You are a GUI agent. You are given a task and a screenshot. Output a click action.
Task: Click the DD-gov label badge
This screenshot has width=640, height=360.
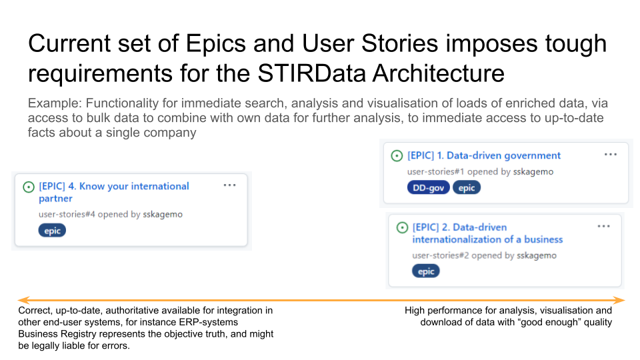pyautogui.click(x=428, y=188)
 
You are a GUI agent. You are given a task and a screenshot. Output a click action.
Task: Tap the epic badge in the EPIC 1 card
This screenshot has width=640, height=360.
pyautogui.click(x=467, y=188)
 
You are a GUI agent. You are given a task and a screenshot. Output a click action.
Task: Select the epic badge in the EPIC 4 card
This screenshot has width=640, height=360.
pyautogui.click(x=52, y=231)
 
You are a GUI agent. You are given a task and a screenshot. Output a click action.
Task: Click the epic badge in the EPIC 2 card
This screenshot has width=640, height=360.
pyautogui.click(x=426, y=271)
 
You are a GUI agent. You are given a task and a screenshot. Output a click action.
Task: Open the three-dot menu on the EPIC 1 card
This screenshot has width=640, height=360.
pyautogui.click(x=611, y=154)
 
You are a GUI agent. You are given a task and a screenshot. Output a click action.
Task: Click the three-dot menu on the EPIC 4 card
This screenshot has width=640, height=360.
pyautogui.click(x=230, y=185)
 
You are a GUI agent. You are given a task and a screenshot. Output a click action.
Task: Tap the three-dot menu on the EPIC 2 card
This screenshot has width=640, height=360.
pyautogui.click(x=604, y=226)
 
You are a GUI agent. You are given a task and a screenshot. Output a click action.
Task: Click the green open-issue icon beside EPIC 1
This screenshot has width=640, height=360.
pyautogui.click(x=397, y=156)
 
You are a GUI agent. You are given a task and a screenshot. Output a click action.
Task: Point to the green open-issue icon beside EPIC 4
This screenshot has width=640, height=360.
pyautogui.click(x=29, y=187)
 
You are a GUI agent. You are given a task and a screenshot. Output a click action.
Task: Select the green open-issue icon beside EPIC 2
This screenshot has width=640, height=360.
pyautogui.click(x=402, y=228)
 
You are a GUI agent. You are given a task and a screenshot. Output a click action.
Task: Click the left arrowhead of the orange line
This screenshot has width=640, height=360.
pyautogui.click(x=24, y=301)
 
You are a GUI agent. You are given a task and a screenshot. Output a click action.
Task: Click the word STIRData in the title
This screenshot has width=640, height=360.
pyautogui.click(x=311, y=73)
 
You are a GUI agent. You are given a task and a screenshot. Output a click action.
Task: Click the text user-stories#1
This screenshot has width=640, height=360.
pyautogui.click(x=435, y=172)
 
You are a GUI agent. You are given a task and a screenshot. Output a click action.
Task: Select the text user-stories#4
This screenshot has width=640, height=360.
pyautogui.click(x=67, y=214)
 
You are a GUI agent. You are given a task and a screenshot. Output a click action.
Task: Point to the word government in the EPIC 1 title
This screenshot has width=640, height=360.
pyautogui.click(x=533, y=155)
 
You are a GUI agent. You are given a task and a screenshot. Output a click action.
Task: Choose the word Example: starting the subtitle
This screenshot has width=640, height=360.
pyautogui.click(x=55, y=103)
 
